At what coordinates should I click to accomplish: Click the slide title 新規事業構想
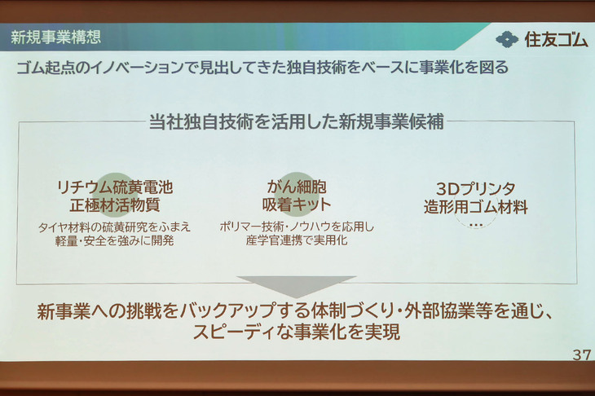(55, 37)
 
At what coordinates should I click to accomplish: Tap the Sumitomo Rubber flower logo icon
(505, 39)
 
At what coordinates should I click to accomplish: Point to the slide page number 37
(581, 355)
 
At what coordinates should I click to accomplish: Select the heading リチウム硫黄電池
(114, 187)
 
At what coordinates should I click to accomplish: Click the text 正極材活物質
(114, 205)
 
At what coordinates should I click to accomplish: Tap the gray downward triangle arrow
(297, 285)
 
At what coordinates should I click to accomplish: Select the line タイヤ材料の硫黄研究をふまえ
(114, 227)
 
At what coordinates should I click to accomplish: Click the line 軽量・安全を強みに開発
(114, 240)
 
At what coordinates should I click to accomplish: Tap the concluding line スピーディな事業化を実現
(297, 332)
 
